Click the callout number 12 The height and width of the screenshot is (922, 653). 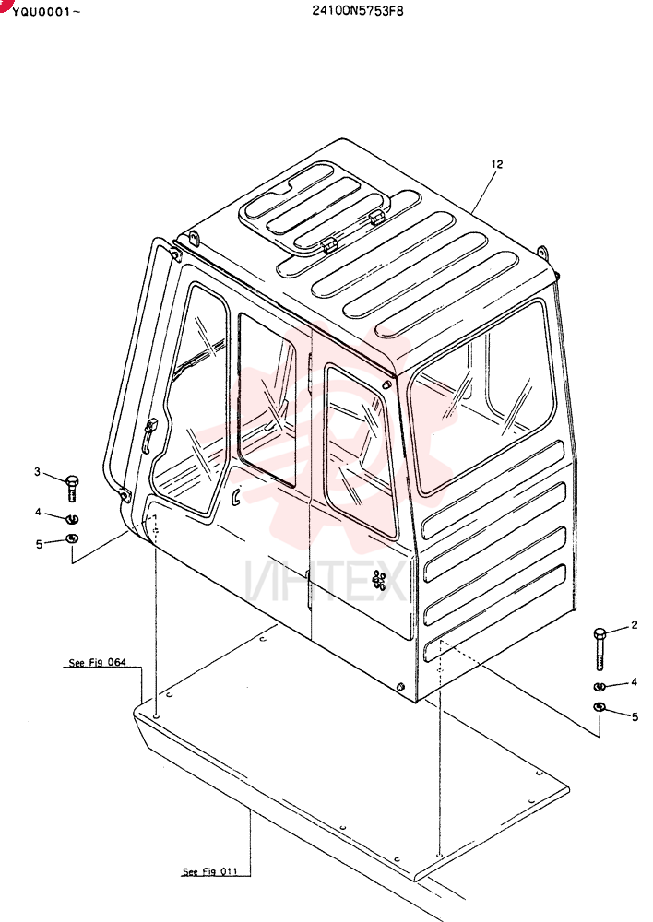[497, 164]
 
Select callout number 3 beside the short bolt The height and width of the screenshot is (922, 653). [38, 471]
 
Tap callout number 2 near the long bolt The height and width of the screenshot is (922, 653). [635, 625]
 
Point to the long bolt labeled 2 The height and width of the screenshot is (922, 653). [600, 649]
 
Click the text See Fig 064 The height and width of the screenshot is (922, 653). [97, 663]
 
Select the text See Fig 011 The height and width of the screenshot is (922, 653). [210, 871]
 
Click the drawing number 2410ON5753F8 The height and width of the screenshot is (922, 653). [358, 10]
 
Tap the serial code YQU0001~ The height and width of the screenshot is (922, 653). [46, 11]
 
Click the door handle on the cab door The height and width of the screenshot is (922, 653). [149, 434]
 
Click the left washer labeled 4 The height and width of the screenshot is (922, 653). [72, 518]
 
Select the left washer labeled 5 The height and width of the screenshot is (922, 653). [72, 538]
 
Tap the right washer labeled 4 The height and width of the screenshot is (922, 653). [599, 686]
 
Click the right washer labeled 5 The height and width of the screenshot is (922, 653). [599, 706]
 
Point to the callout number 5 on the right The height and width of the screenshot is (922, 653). [635, 717]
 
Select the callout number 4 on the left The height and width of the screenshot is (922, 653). [38, 512]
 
